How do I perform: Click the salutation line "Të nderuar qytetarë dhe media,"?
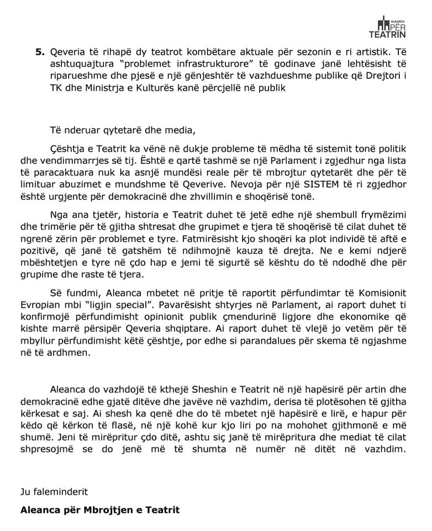tap(122, 131)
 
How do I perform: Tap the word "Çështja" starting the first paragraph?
tap(66, 150)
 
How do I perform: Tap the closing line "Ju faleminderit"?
tap(54, 491)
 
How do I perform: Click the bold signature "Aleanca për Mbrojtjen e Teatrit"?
tap(100, 509)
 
